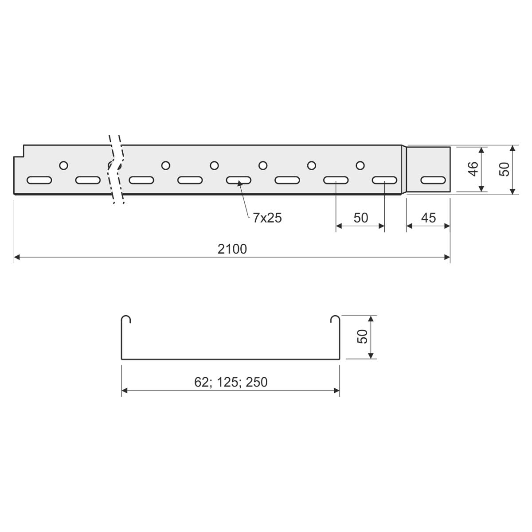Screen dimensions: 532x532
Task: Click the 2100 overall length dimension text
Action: [x=232, y=249]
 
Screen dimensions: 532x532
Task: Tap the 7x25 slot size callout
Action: [x=267, y=218]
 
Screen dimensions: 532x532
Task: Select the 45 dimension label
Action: [x=428, y=218]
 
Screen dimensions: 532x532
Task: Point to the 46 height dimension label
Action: [x=473, y=169]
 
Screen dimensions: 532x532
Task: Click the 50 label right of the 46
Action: [x=504, y=169]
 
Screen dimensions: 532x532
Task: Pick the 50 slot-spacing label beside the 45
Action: [x=361, y=218]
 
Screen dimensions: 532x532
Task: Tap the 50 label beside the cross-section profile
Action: [x=362, y=336]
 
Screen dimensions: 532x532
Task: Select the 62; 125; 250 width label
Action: [x=231, y=382]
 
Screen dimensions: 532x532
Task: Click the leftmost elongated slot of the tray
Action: [x=39, y=180]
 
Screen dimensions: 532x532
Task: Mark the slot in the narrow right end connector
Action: [x=433, y=180]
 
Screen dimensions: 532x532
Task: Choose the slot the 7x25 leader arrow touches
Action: [x=239, y=180]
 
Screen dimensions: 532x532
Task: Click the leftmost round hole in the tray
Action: [x=64, y=165]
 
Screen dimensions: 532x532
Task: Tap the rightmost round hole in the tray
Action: [x=360, y=165]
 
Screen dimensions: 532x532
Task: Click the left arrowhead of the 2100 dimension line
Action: [x=17, y=257]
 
